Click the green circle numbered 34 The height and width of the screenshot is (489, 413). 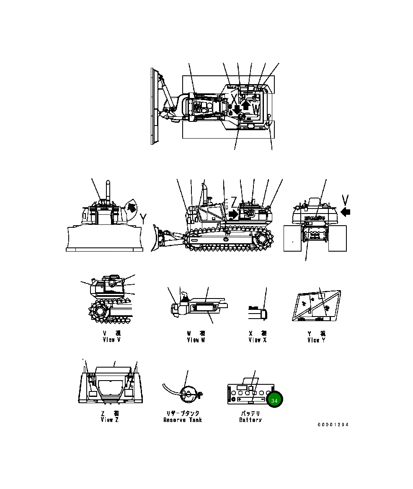[274, 401]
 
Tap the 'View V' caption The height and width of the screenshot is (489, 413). [111, 340]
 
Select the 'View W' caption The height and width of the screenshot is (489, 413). [196, 340]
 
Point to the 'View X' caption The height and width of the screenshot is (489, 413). [257, 340]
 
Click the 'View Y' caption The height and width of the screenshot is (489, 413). [316, 340]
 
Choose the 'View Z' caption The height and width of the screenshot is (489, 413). [110, 420]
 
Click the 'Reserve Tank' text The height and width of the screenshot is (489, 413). [183, 420]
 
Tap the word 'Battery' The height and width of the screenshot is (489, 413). [250, 420]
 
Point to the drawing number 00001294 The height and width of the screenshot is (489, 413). [333, 425]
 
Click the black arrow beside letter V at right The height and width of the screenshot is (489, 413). [345, 212]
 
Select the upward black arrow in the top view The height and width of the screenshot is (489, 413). [246, 106]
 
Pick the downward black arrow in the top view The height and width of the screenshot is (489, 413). [237, 110]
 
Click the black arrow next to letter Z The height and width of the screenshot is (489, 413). [232, 214]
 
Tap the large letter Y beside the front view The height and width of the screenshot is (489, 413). [143, 218]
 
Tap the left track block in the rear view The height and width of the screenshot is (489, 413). [293, 239]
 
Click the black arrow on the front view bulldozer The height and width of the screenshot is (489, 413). [131, 207]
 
